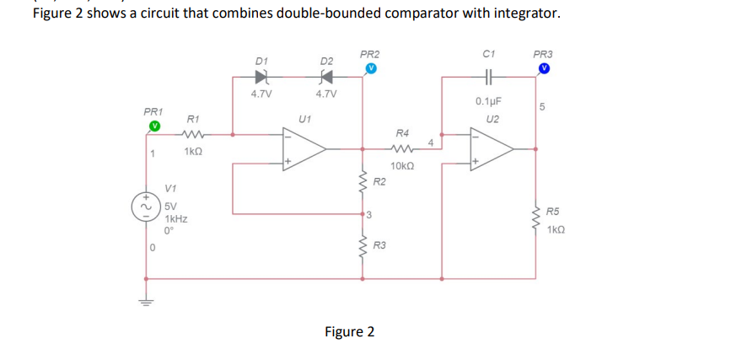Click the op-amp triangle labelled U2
click(x=493, y=147)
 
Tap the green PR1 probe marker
click(x=154, y=126)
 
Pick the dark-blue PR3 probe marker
click(x=545, y=68)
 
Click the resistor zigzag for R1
click(x=193, y=132)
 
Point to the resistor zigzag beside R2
click(x=363, y=181)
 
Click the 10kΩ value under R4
click(x=402, y=165)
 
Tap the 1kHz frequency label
click(x=176, y=218)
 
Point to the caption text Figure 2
click(x=349, y=331)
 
